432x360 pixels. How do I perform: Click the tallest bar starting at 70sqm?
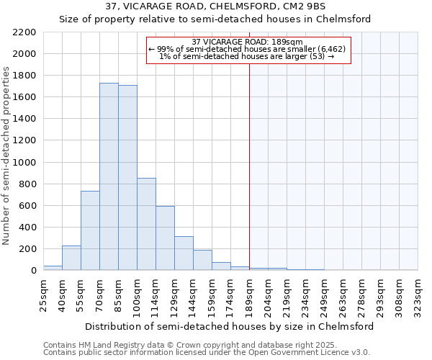point(109,176)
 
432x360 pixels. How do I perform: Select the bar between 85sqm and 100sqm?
point(127,178)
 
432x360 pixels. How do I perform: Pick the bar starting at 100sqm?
point(146,224)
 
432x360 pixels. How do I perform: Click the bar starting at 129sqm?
point(184,253)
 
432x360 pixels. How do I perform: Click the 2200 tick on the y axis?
point(24,32)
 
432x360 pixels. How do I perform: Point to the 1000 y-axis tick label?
point(24,163)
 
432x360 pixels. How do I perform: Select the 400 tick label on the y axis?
point(27,228)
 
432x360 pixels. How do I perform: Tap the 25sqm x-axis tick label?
point(44,295)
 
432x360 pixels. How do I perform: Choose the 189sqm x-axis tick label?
point(250,295)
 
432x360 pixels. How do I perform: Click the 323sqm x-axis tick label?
point(418,295)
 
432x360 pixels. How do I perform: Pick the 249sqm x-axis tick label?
point(325,295)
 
